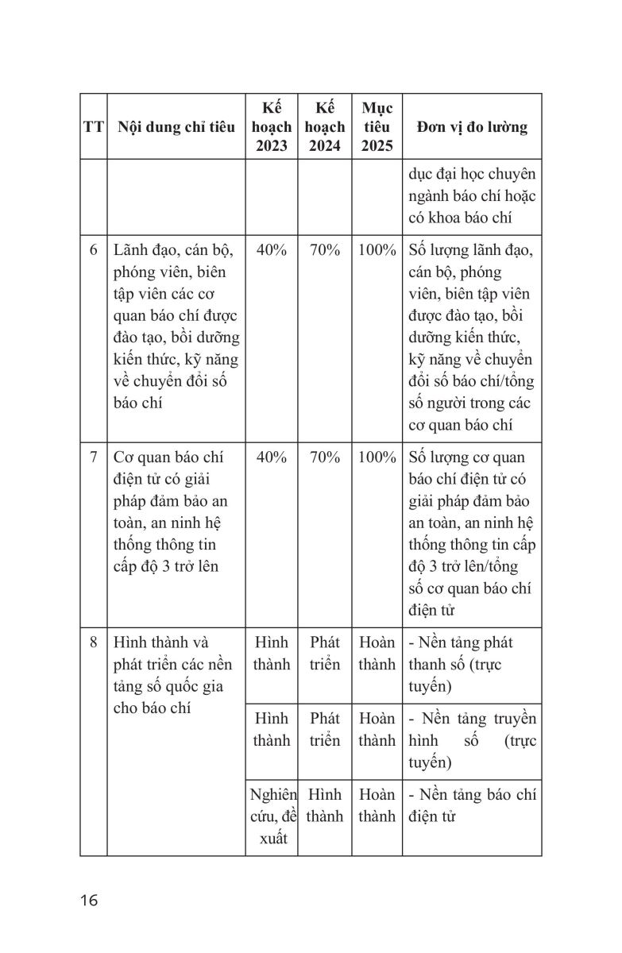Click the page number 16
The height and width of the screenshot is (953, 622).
pyautogui.click(x=88, y=900)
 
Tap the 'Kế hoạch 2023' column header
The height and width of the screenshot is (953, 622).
pyautogui.click(x=272, y=127)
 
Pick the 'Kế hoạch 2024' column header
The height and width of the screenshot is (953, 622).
pyautogui.click(x=324, y=127)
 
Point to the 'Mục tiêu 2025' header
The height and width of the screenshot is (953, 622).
pyautogui.click(x=377, y=127)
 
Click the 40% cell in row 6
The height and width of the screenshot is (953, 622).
pyautogui.click(x=272, y=250)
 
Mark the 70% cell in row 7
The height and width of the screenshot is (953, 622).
pyautogui.click(x=324, y=457)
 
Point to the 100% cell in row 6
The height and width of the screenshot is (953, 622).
pyautogui.click(x=377, y=250)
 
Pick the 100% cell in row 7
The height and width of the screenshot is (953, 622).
pyautogui.click(x=377, y=457)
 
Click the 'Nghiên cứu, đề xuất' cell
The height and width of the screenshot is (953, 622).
pyautogui.click(x=272, y=816)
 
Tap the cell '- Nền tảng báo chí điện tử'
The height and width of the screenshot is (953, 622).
pyautogui.click(x=472, y=804)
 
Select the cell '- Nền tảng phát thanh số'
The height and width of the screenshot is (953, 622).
pyautogui.click(x=472, y=664)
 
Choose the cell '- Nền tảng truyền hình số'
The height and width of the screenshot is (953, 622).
pyautogui.click(x=472, y=740)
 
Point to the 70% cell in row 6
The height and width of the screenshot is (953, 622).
pyautogui.click(x=324, y=250)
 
